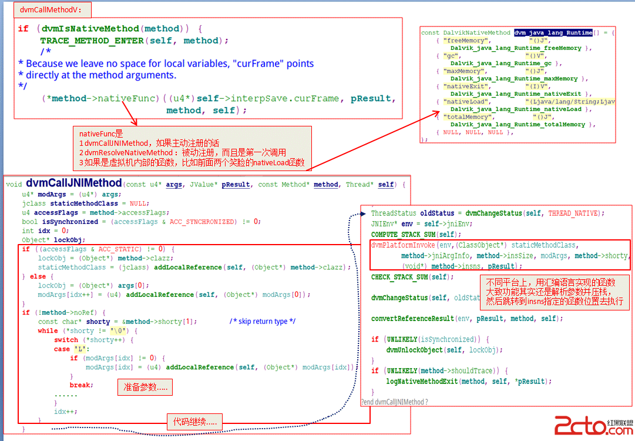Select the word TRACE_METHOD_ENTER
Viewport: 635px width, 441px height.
coord(92,41)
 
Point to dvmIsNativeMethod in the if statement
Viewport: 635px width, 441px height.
coord(90,28)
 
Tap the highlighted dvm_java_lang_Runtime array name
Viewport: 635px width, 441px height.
coord(553,33)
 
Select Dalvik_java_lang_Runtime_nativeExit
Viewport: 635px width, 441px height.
coord(516,94)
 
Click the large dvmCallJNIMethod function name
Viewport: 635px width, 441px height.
coord(73,183)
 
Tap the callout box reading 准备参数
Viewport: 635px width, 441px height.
coord(145,387)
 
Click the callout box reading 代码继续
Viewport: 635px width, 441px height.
coord(194,421)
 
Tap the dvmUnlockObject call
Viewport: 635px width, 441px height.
coord(414,350)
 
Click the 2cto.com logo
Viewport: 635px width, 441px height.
coord(593,425)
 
